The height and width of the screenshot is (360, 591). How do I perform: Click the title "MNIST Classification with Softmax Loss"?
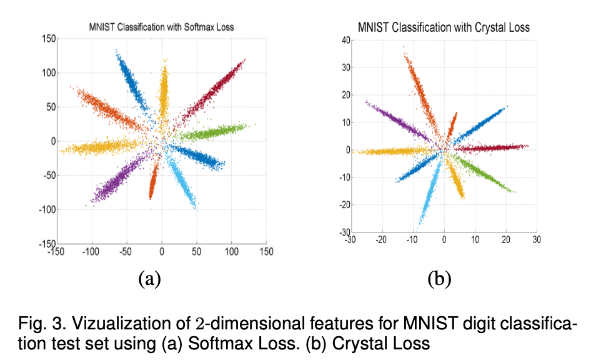(x=162, y=27)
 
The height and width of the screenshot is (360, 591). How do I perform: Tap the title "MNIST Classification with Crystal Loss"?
(x=444, y=27)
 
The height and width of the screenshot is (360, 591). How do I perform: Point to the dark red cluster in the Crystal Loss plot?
(x=494, y=148)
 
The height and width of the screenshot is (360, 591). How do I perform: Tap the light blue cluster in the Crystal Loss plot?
(x=428, y=194)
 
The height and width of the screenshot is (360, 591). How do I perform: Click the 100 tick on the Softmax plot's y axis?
(x=47, y=72)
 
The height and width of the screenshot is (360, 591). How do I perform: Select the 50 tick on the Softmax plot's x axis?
(x=197, y=251)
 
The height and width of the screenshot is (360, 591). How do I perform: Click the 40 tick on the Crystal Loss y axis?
(x=339, y=41)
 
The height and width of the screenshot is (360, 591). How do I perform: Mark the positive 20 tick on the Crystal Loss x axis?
(x=505, y=239)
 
